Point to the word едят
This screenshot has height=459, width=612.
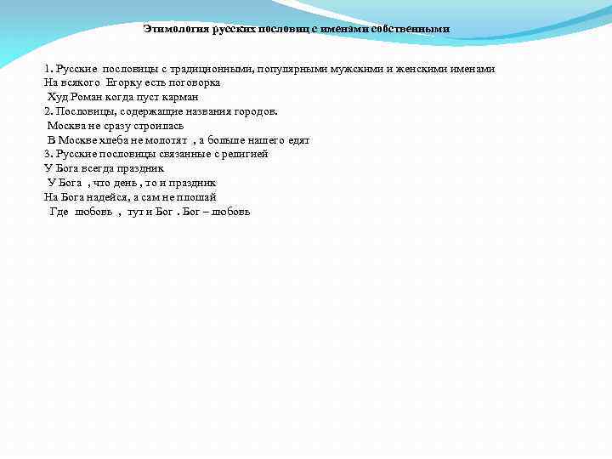[299, 139]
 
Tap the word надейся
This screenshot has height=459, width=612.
[105, 196]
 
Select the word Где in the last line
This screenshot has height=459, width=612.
[59, 211]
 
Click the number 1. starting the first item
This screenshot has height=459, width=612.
[48, 68]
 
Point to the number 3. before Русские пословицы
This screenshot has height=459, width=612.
[48, 154]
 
